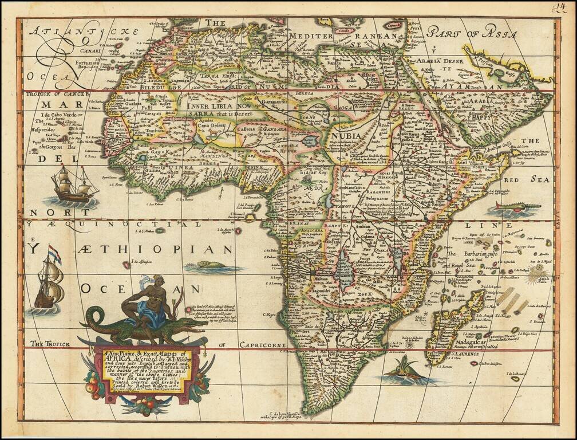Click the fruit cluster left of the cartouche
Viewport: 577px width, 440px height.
(94, 385)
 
